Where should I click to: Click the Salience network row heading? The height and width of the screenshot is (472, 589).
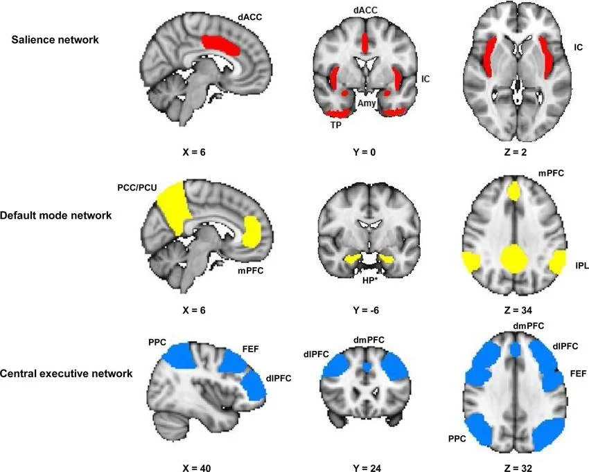(55, 39)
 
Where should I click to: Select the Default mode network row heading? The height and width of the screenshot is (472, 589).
(62, 215)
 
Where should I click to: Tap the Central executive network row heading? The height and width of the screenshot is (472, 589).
(67, 374)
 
